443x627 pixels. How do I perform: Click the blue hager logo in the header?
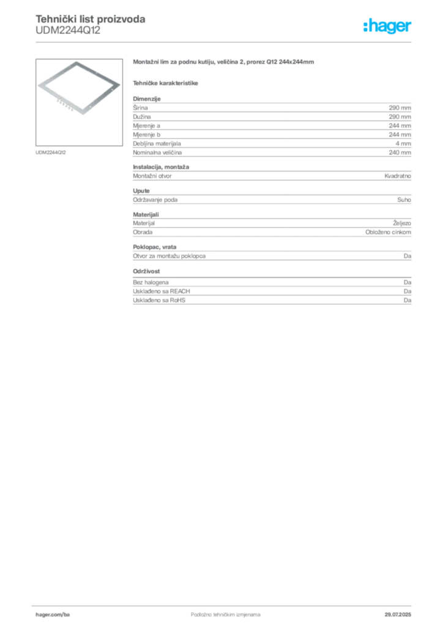(389, 28)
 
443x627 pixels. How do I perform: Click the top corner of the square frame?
(77, 61)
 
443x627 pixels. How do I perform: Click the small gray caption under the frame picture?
(51, 151)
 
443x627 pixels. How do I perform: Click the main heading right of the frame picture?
(225, 64)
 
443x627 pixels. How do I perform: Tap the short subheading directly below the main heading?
(166, 82)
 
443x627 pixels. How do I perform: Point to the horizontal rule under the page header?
(225, 42)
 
